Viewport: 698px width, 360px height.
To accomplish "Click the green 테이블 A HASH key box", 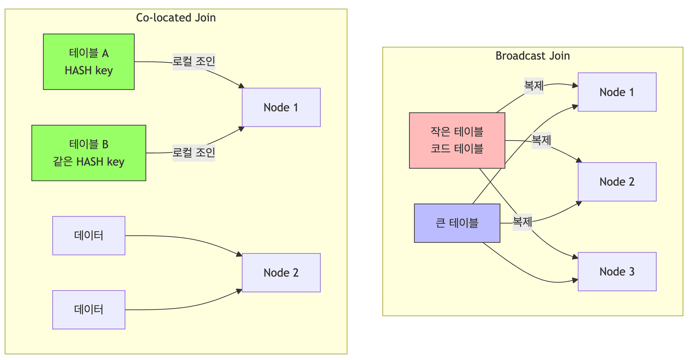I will (x=89, y=62).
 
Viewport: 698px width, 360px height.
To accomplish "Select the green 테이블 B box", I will (x=89, y=153).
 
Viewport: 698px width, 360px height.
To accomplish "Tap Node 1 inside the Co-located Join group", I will (x=281, y=107).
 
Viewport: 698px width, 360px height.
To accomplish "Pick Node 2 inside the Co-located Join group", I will (x=281, y=273).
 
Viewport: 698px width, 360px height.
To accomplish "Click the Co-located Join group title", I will (x=176, y=18).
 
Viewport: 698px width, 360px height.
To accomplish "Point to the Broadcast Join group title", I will (x=533, y=56).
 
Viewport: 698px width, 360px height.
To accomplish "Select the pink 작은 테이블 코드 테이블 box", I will (x=457, y=140).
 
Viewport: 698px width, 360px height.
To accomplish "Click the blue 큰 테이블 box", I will (x=457, y=223).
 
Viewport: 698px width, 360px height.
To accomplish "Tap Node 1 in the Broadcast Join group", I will (x=617, y=92).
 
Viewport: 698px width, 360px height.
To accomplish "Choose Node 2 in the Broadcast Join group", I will (x=617, y=182).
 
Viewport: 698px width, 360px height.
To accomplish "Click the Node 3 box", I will (x=617, y=272).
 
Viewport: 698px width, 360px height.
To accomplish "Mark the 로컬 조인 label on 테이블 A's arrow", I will (x=194, y=62).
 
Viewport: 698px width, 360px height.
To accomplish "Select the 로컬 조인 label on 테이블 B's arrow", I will (x=194, y=153).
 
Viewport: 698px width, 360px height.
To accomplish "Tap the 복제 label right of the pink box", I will (x=541, y=140).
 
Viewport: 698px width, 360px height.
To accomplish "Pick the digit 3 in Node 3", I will (x=632, y=272).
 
